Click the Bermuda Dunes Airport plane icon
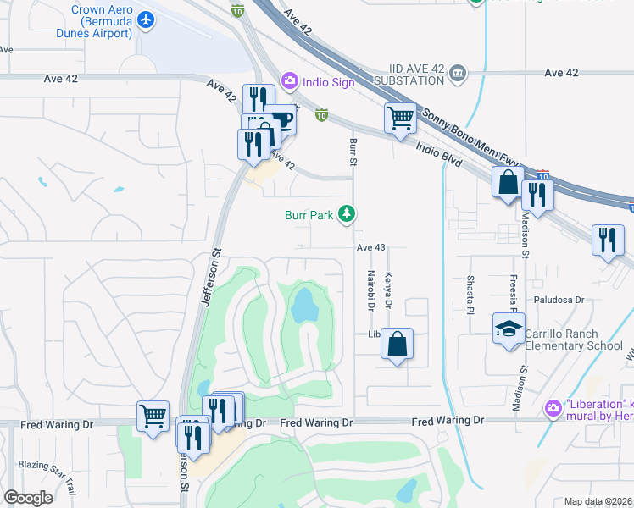[146, 19]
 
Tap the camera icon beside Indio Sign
[289, 80]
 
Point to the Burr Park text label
[309, 216]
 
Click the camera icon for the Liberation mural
[553, 409]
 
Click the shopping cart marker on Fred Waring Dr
[153, 416]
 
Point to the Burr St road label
[353, 147]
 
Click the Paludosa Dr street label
[559, 300]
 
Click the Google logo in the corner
[28, 497]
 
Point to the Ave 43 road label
[371, 247]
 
